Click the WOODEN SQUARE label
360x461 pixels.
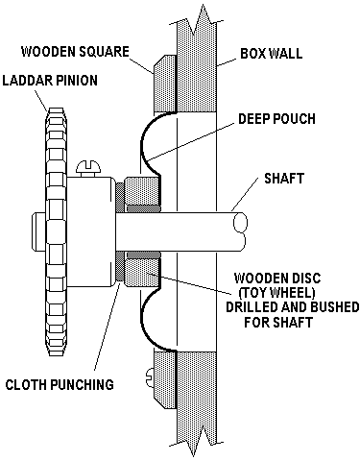(75, 52)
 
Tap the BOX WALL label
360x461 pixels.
(272, 53)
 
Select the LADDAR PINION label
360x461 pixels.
(50, 81)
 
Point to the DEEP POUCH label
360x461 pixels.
(276, 119)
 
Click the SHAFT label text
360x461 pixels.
(284, 179)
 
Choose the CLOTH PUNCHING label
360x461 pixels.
(60, 384)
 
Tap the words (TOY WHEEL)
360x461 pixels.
(277, 293)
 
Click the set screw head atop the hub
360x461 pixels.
(89, 168)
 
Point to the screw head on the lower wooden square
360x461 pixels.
(151, 376)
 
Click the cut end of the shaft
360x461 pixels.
(240, 222)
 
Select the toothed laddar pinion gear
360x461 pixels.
(57, 231)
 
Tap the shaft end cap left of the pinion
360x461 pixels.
(38, 231)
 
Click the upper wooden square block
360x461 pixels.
(165, 84)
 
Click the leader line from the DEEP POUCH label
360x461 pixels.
(191, 141)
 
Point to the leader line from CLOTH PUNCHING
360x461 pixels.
(108, 328)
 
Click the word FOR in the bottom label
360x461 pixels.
(256, 322)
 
